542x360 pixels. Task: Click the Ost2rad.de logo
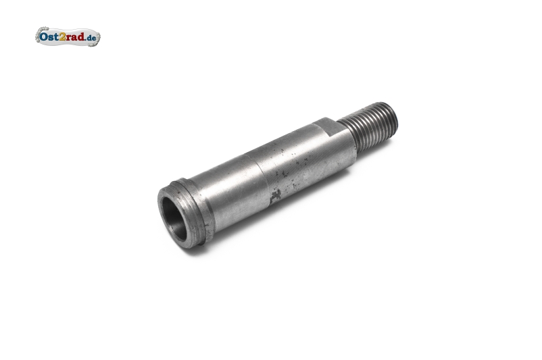pos(68,36)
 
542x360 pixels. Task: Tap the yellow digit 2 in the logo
pos(62,36)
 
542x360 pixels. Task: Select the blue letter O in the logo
pos(43,36)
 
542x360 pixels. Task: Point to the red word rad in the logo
pos(76,36)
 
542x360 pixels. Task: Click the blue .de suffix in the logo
pos(91,37)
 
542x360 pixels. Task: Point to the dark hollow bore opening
pos(174,218)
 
